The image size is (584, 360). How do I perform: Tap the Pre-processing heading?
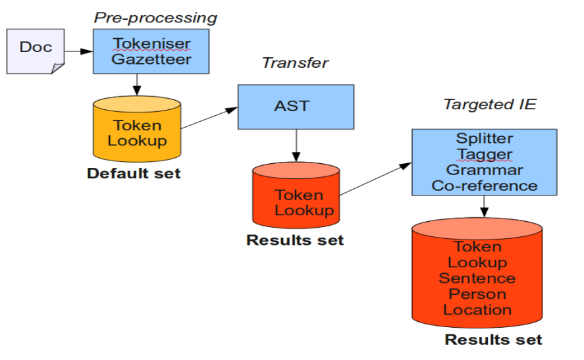tap(155, 18)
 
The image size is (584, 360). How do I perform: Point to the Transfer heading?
tap(295, 63)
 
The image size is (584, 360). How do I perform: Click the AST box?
tap(295, 106)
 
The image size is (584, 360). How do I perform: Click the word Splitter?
tap(484, 139)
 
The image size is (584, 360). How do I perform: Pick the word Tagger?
tap(484, 154)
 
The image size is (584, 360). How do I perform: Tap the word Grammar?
tap(484, 170)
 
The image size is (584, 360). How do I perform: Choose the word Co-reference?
tap(484, 186)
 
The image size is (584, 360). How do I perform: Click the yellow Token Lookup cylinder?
tap(137, 132)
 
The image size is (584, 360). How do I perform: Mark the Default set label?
tap(134, 174)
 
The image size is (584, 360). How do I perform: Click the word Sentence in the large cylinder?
tap(477, 278)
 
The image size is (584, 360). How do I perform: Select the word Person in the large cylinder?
tap(477, 294)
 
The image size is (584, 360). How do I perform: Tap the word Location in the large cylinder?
tap(477, 309)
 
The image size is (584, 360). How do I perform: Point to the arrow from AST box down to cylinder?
tap(296, 146)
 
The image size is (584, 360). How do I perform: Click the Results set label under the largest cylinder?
tap(493, 340)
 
